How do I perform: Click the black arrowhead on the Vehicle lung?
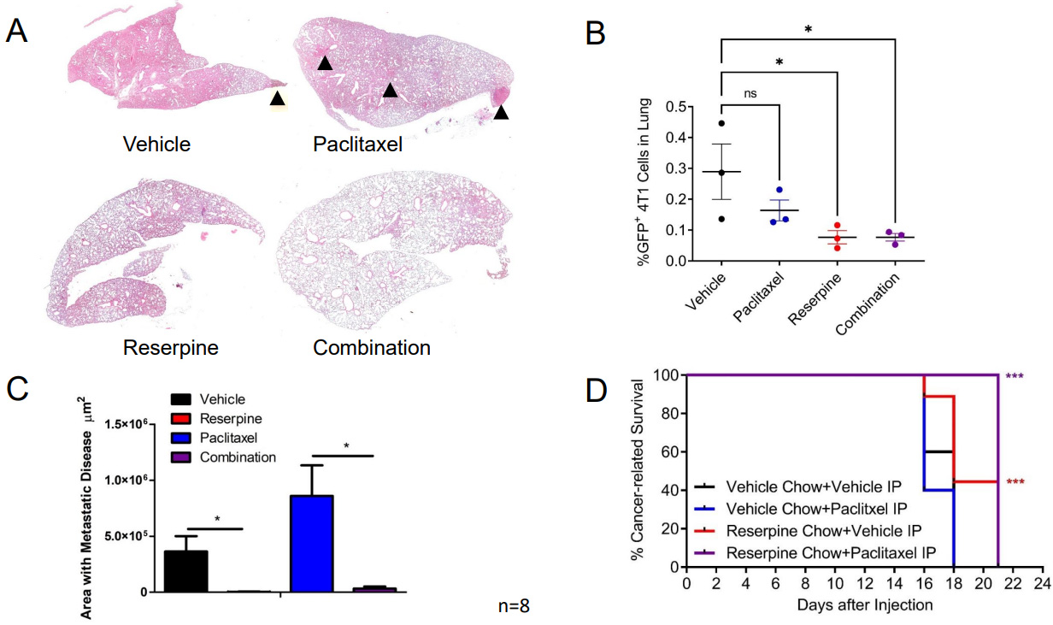coord(277,99)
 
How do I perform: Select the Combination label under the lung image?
coord(372,348)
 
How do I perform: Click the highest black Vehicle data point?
coord(721,123)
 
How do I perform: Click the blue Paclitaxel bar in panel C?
coord(312,543)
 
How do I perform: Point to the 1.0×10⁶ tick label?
coord(127,481)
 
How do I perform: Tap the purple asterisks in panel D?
coord(1015,376)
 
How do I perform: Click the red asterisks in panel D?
coord(1015,482)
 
